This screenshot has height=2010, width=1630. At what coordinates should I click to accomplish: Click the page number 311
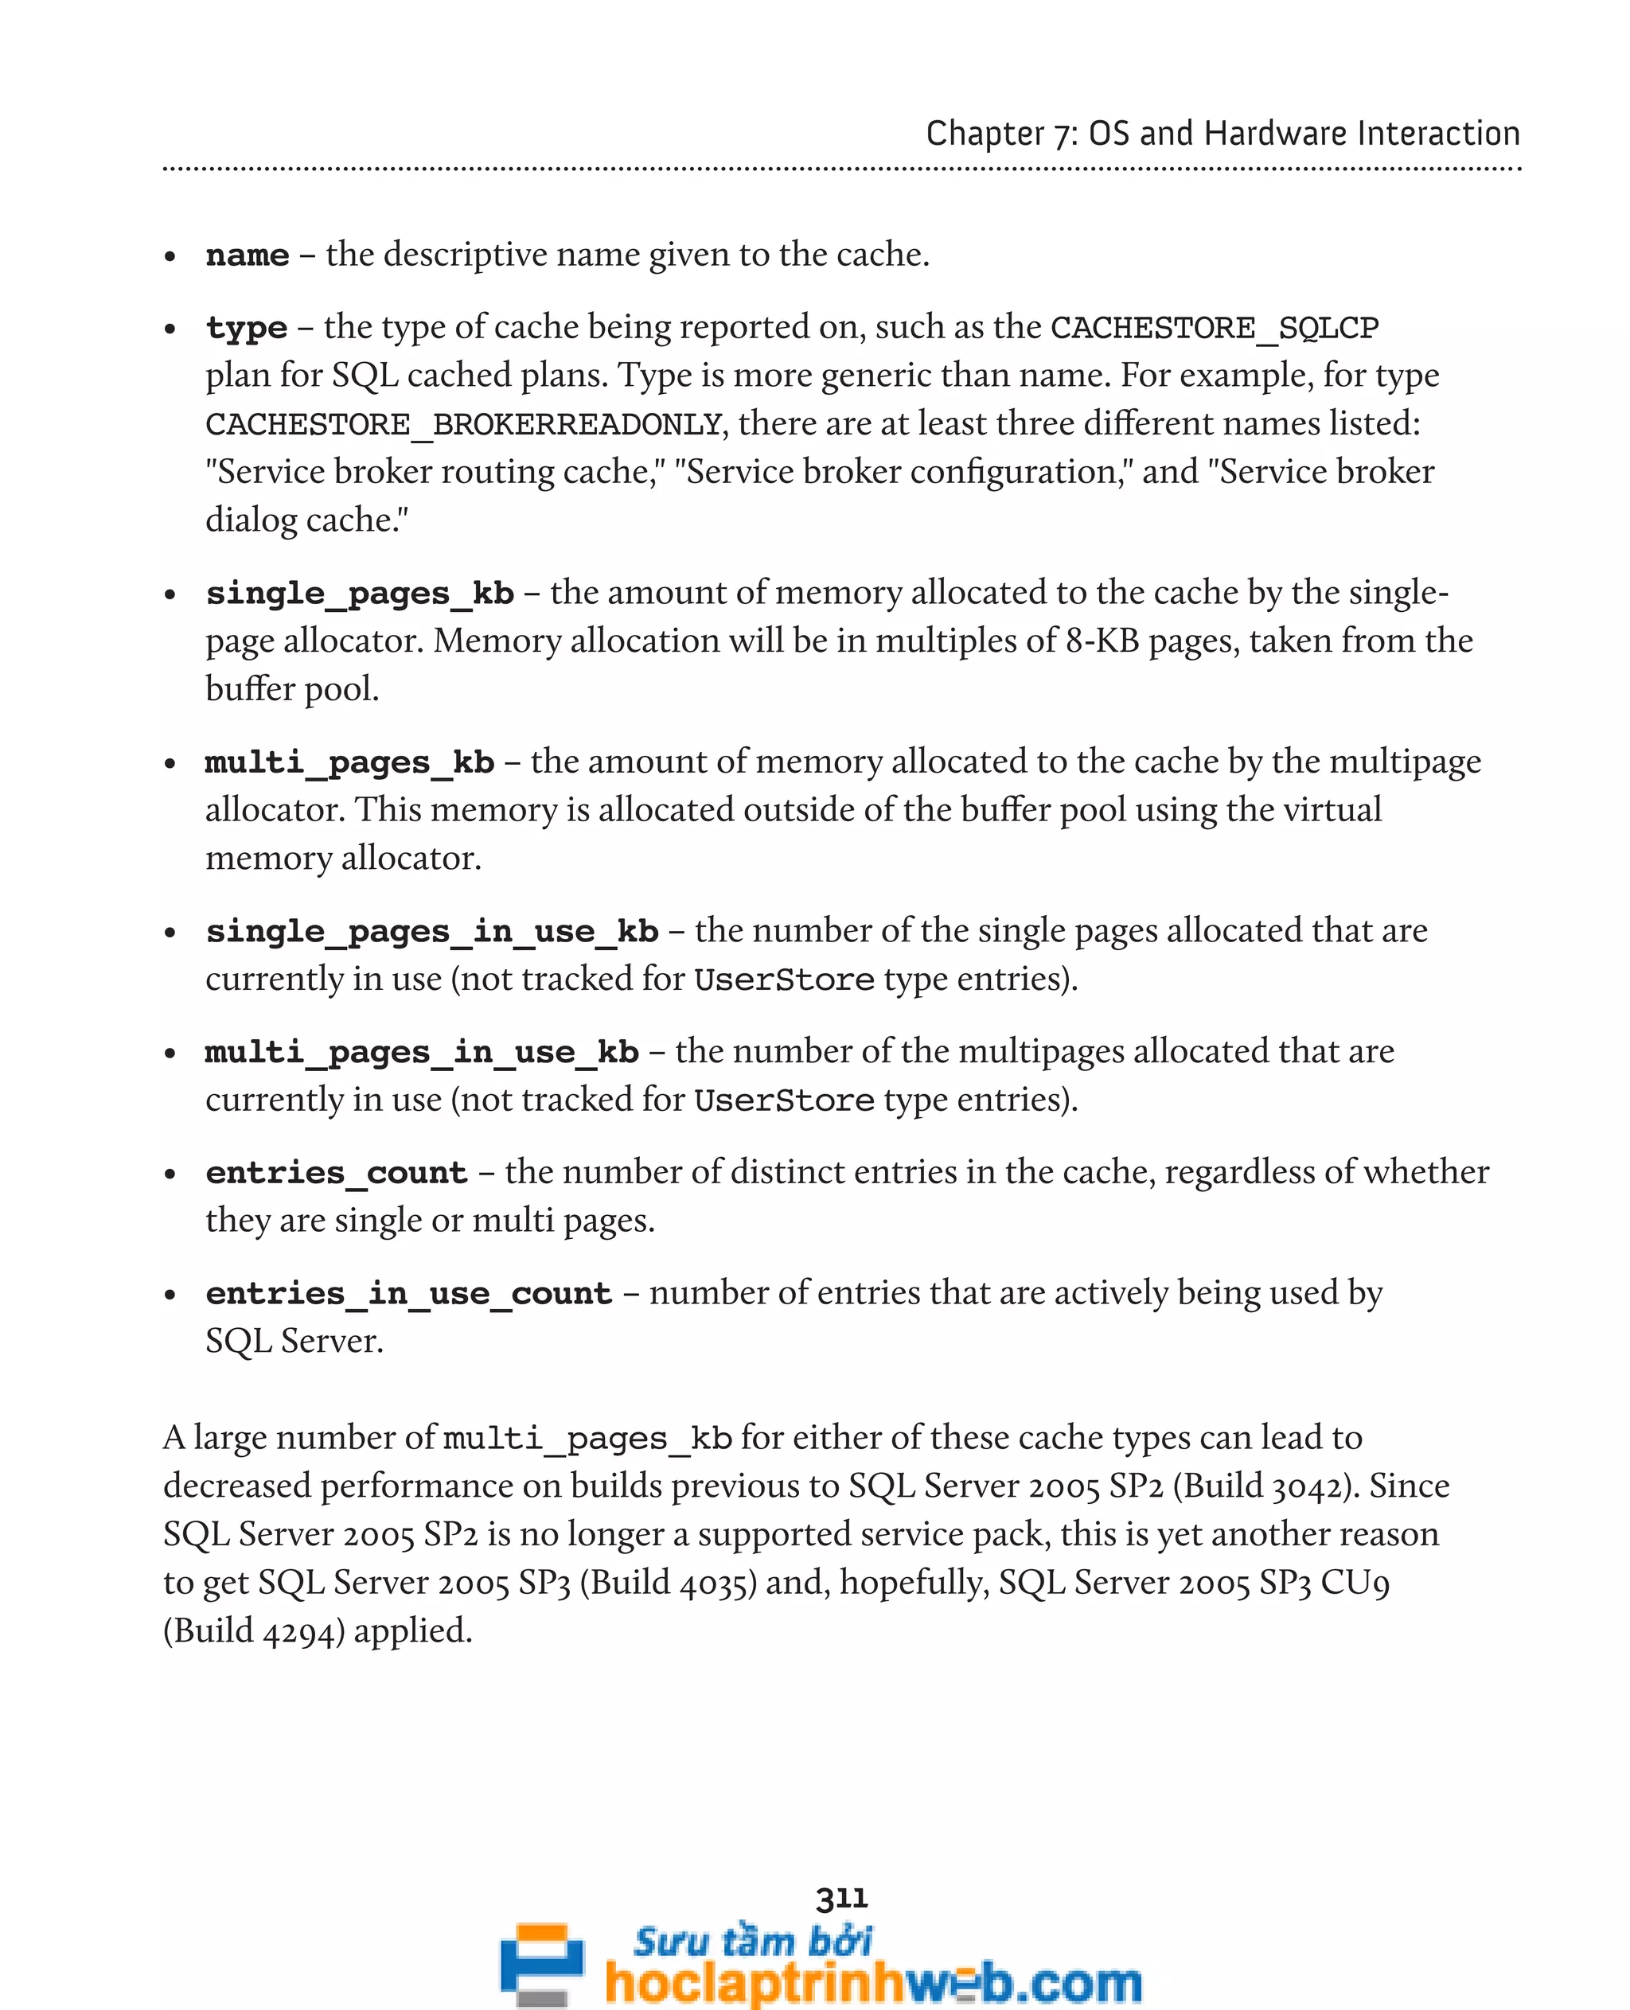tap(841, 1899)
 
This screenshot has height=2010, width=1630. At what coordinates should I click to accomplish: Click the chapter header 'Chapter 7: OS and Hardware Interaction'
tap(1222, 134)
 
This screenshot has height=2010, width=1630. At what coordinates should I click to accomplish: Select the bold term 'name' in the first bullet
tap(247, 255)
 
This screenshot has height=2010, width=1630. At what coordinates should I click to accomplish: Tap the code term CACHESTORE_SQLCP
tap(1214, 328)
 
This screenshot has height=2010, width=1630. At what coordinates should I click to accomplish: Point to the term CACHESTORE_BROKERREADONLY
tap(464, 424)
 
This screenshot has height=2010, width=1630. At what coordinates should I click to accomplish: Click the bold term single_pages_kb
tap(360, 594)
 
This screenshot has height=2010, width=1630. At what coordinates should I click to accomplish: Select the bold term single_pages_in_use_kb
tap(432, 931)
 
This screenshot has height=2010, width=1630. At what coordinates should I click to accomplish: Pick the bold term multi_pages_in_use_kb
tap(422, 1053)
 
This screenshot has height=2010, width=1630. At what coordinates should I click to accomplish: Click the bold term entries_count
tap(336, 1173)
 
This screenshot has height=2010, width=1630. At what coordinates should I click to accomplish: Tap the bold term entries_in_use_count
tap(408, 1294)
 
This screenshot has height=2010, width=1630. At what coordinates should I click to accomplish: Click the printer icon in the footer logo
tap(542, 1963)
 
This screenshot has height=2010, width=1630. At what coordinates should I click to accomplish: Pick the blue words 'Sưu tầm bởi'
tap(752, 1940)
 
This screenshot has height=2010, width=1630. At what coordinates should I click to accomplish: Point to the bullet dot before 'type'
tap(170, 329)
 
